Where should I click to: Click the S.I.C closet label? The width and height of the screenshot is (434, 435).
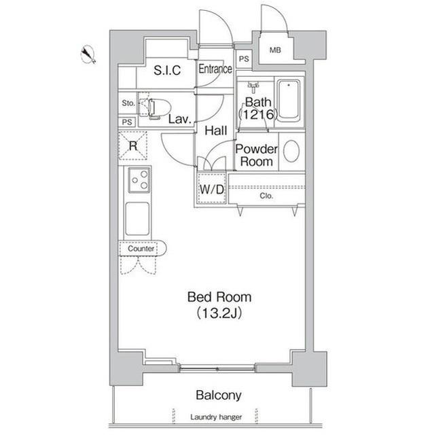[167, 70]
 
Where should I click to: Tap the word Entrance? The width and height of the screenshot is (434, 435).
[215, 69]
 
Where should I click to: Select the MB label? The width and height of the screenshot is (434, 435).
[275, 50]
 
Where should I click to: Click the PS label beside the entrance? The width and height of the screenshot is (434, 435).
[244, 59]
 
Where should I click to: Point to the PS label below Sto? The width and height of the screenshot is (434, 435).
[127, 122]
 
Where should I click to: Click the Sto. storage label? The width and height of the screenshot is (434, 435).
[128, 103]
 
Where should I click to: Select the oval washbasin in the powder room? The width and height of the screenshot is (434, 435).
[291, 151]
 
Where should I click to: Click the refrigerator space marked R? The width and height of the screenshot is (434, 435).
[133, 145]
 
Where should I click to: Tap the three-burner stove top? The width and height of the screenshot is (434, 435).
[139, 180]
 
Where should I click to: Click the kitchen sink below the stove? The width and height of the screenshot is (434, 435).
[137, 219]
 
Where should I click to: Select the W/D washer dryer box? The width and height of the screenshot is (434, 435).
[211, 189]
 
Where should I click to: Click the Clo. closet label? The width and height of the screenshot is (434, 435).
[266, 196]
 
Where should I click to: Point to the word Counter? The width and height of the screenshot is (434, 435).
[141, 248]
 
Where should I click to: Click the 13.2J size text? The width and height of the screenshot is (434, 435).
[219, 313]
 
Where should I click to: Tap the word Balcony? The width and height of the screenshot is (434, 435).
[219, 395]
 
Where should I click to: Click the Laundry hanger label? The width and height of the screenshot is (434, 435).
[216, 417]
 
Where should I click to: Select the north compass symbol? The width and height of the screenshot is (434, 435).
[88, 54]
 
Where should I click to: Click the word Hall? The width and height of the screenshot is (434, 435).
[216, 130]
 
